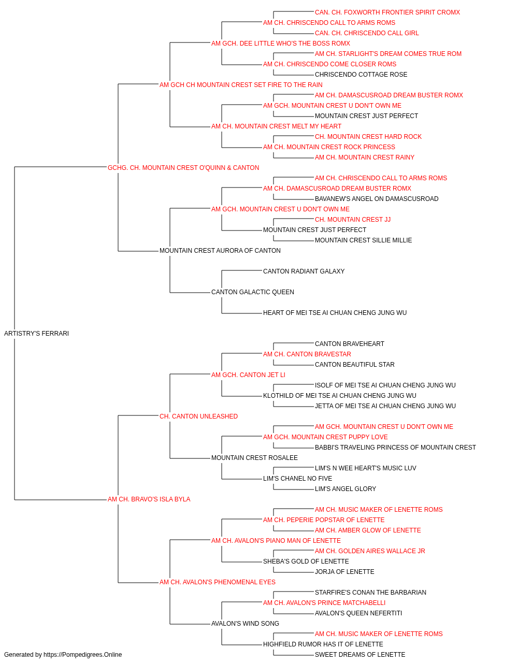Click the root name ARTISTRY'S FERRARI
[36, 334]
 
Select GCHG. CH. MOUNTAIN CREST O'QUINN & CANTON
[183, 168]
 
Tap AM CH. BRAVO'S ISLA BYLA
[149, 499]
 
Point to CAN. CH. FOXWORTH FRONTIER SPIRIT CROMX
[387, 12]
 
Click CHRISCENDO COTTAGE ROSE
[361, 75]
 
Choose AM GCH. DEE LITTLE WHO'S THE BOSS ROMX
[281, 44]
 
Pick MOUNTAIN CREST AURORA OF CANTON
[220, 251]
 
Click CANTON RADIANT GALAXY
[304, 271]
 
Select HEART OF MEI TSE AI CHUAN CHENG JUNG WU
[335, 313]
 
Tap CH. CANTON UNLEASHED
[198, 416]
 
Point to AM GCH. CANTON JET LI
[248, 375]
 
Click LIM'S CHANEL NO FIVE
[298, 479]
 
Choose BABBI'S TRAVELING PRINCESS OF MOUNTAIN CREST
[395, 448]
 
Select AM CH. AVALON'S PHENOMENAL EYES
[218, 582]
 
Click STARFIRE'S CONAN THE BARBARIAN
[371, 593]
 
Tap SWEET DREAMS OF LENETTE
[360, 655]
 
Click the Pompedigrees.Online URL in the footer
[83, 655]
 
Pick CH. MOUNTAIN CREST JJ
[353, 220]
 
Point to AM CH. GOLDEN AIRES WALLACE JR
[370, 551]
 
